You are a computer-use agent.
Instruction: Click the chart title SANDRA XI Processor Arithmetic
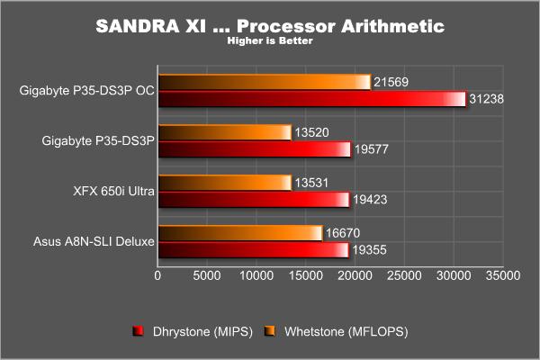pyautogui.click(x=270, y=26)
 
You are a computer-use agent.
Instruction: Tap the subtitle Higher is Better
pyautogui.click(x=270, y=40)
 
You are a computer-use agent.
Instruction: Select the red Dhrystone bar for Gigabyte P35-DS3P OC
pyautogui.click(x=312, y=99)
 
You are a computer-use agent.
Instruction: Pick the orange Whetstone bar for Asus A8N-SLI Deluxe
pyautogui.click(x=240, y=234)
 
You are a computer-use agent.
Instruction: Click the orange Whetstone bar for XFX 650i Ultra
pyautogui.click(x=225, y=183)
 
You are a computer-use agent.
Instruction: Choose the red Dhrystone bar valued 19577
pyautogui.click(x=255, y=149)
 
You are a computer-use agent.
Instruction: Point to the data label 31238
pyautogui.click(x=486, y=99)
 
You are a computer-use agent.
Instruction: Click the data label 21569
pyautogui.click(x=391, y=82)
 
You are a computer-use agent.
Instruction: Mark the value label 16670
pyautogui.click(x=343, y=233)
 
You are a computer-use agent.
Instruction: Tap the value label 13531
pyautogui.click(x=311, y=183)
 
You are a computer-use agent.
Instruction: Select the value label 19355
pyautogui.click(x=369, y=250)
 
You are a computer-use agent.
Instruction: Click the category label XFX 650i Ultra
pyautogui.click(x=113, y=191)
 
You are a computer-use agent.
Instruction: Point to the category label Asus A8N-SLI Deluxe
pyautogui.click(x=94, y=241)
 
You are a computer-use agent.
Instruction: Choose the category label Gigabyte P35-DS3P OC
pyautogui.click(x=86, y=91)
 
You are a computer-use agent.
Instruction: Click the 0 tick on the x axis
pyautogui.click(x=157, y=275)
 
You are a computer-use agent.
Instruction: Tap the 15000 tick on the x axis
pyautogui.click(x=306, y=275)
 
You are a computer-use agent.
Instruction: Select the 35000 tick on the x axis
pyautogui.click(x=503, y=275)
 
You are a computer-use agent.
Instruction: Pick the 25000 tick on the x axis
pyautogui.click(x=404, y=275)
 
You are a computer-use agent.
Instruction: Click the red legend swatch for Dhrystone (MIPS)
pyautogui.click(x=138, y=331)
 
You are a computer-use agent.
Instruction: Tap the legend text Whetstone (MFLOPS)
pyautogui.click(x=346, y=332)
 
